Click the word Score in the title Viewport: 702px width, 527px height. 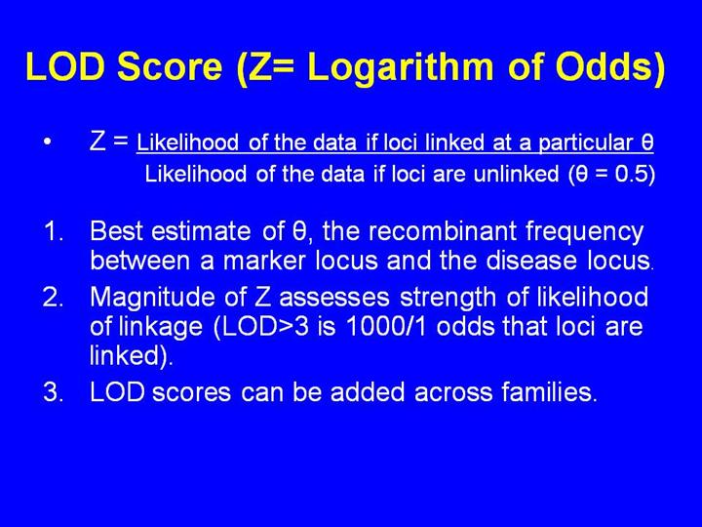click(x=170, y=66)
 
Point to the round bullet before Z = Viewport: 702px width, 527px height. click(x=48, y=142)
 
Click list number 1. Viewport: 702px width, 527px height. click(x=54, y=231)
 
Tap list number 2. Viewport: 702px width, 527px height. click(x=54, y=297)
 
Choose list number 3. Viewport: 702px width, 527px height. click(x=54, y=392)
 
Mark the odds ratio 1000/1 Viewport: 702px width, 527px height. click(x=387, y=327)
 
